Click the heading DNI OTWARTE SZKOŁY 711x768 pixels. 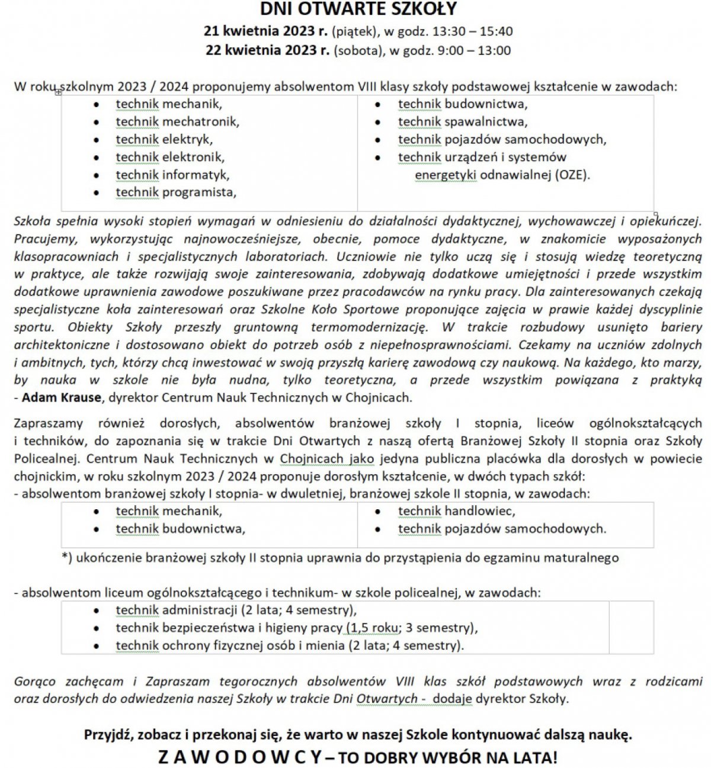pyautogui.click(x=358, y=9)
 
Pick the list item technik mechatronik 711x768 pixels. pyautogui.click(x=177, y=122)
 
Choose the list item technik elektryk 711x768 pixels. pyautogui.click(x=164, y=140)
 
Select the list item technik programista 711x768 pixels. pyautogui.click(x=175, y=192)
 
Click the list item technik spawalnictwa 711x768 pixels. pyautogui.click(x=462, y=122)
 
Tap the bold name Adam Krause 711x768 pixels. pyautogui.click(x=61, y=397)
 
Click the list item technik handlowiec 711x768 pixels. pyautogui.click(x=456, y=511)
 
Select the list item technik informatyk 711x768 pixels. pyautogui.click(x=172, y=175)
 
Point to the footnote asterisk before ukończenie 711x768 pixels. pyautogui.click(x=65, y=557)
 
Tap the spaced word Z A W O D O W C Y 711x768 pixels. pyautogui.click(x=241, y=757)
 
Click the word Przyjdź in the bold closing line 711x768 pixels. pyautogui.click(x=107, y=735)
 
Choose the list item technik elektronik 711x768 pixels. pyautogui.click(x=170, y=158)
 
